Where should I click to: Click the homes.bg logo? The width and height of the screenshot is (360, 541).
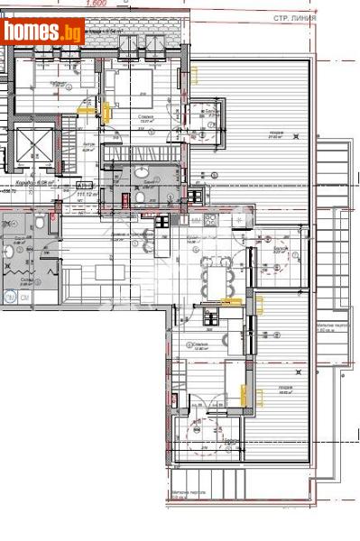point(42,32)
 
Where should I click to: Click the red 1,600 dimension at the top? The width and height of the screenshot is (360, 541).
point(97,5)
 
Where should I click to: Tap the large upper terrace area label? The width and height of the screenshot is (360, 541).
point(273,136)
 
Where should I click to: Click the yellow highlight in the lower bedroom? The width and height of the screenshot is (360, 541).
point(242,391)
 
